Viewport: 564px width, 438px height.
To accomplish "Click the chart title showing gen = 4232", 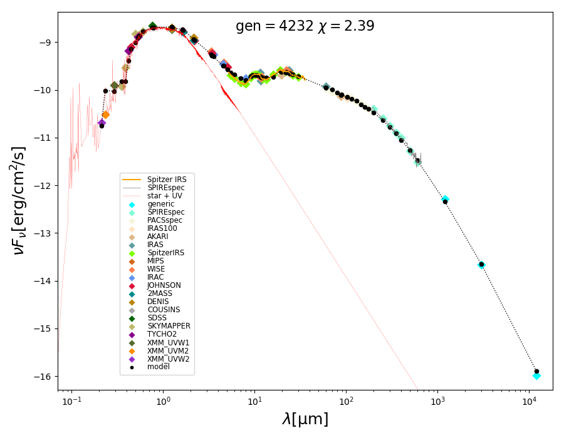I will point(305,26).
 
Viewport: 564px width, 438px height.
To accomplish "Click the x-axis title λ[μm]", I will point(305,419).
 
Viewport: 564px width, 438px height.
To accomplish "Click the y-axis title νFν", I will point(19,200).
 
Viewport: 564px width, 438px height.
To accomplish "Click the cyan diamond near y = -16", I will point(536,375).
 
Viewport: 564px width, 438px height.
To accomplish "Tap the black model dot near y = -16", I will point(536,371).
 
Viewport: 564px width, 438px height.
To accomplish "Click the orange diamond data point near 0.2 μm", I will point(105,115).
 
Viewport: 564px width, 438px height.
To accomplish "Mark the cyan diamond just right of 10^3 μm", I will point(445,199).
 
